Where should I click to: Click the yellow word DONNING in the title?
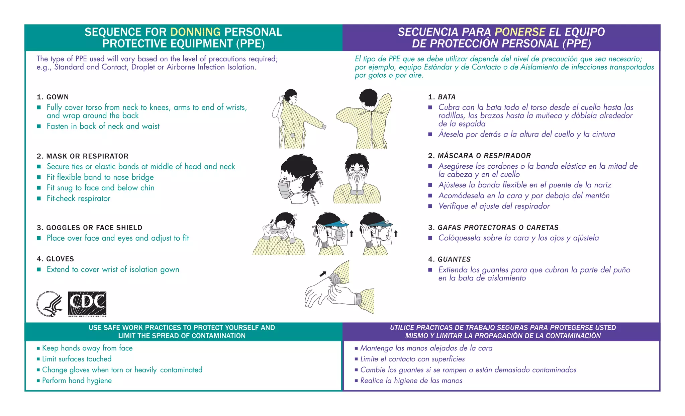[195, 32]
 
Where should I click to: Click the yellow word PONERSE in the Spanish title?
[520, 32]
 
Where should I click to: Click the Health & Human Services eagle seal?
[49, 304]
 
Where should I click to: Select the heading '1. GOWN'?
[53, 97]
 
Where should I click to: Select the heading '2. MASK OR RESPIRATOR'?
[83, 156]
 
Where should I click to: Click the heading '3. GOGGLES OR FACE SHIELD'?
[90, 228]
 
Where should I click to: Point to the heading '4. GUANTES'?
[449, 259]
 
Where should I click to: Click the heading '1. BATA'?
[442, 97]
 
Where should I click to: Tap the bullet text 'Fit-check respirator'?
[78, 198]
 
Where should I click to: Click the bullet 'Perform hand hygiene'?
[77, 381]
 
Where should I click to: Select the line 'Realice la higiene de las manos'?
[411, 381]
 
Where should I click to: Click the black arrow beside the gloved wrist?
[323, 274]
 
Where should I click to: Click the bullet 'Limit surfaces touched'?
[77, 359]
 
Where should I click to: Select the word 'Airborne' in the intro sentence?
[181, 67]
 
